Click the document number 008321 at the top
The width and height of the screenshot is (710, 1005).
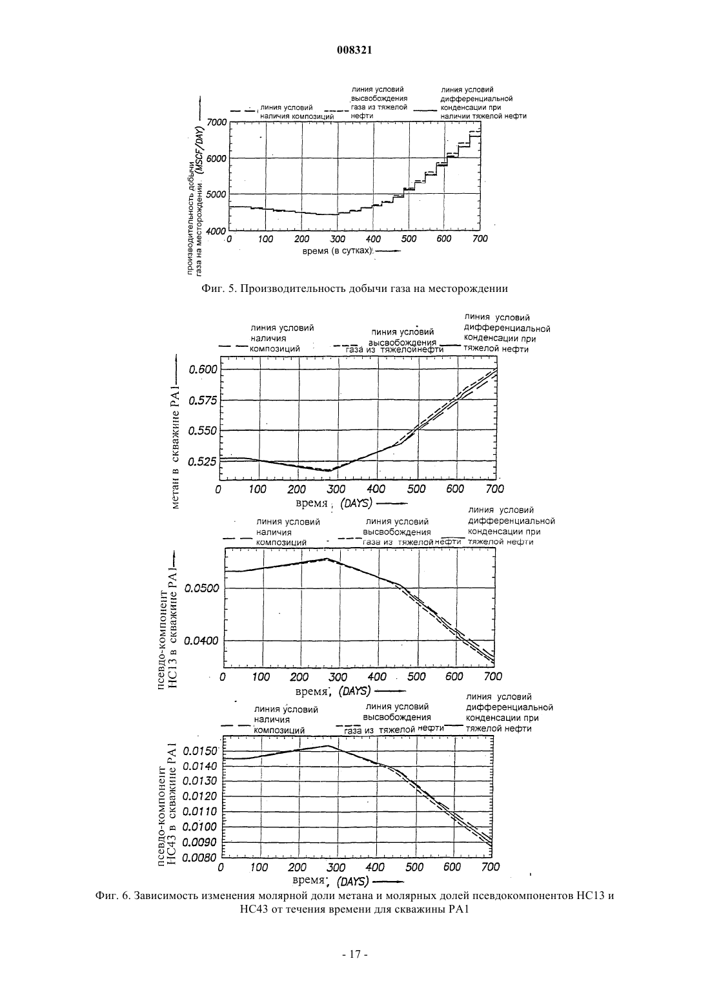pos(354,50)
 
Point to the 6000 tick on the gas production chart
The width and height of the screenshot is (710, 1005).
pos(218,158)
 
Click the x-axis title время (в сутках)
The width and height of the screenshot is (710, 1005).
pos(337,251)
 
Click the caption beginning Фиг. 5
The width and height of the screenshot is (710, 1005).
pos(354,288)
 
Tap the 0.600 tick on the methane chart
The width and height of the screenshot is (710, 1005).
pos(203,369)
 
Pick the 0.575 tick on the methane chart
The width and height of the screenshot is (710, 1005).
pos(203,400)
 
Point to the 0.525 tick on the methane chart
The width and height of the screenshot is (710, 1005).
pos(203,461)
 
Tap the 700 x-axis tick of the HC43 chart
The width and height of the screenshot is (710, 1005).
pos(490,867)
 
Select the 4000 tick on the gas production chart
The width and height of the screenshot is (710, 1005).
pos(218,231)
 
